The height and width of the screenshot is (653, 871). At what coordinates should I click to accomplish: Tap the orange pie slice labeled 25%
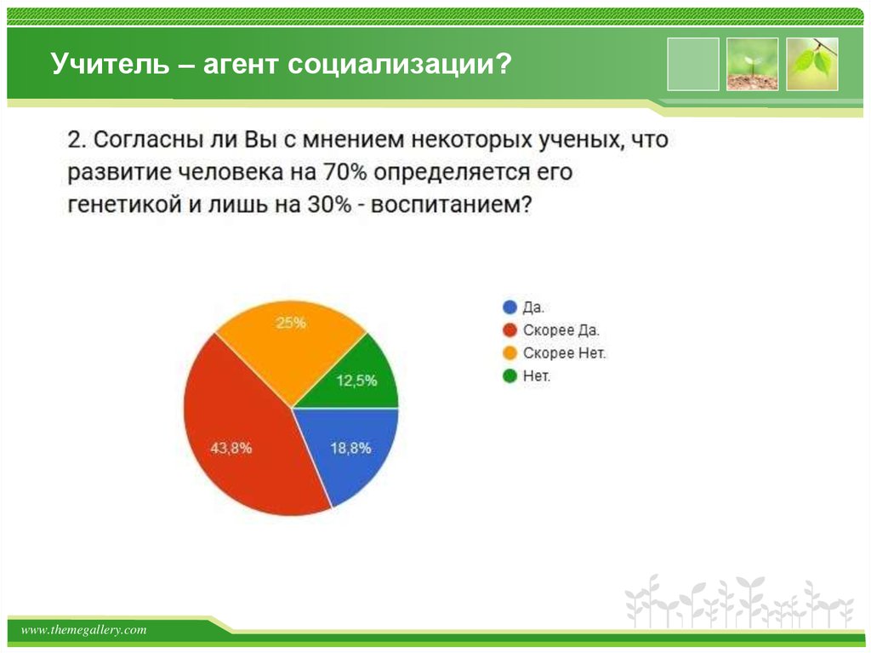pos(289,341)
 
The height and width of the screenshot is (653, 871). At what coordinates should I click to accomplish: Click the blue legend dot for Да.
pos(510,307)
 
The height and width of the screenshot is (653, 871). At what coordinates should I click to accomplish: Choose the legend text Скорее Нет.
pos(564,352)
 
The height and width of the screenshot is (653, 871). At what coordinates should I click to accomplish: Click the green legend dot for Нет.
pos(510,375)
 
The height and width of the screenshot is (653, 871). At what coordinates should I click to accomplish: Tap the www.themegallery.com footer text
pos(84,630)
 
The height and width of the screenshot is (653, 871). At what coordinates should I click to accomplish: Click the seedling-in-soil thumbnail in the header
pos(752,64)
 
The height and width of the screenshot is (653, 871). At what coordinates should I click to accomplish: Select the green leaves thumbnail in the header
pos(811,64)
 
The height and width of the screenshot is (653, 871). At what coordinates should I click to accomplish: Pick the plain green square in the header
pos(692,64)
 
